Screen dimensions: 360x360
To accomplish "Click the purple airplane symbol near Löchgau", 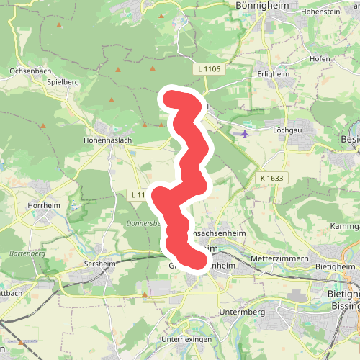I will coord(245,132).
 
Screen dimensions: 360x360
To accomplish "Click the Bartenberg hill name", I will coord(28,254).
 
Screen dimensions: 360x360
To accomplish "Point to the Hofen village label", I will coord(320,58).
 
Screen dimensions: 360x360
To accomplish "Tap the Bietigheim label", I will coord(336,266).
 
